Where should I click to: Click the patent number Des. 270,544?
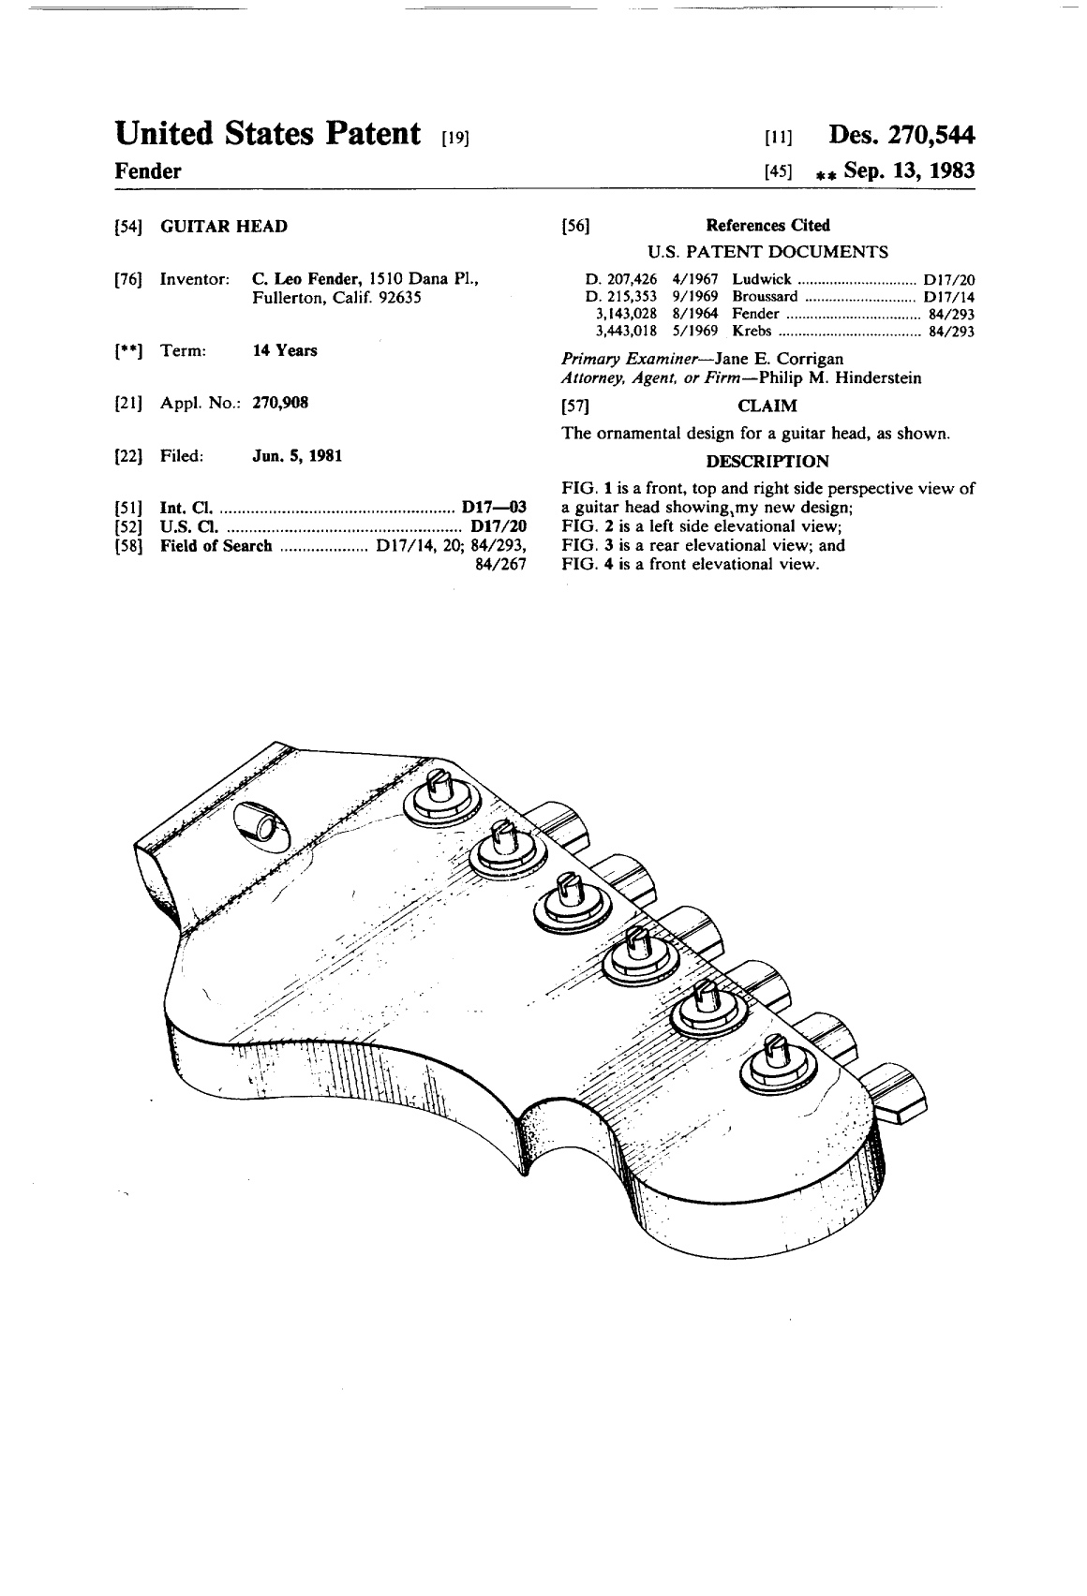[x=901, y=135]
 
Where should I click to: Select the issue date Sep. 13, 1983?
[x=909, y=171]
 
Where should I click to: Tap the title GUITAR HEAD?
[x=224, y=227]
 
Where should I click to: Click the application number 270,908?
[x=281, y=403]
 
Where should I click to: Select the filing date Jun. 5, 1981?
[x=297, y=456]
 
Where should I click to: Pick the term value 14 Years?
[x=285, y=350]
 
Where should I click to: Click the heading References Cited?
[x=767, y=226]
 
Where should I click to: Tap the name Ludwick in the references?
[x=761, y=279]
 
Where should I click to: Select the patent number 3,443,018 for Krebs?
[x=626, y=332]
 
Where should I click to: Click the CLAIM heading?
[x=767, y=406]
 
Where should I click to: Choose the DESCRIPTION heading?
[x=767, y=462]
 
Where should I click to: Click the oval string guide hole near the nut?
[x=261, y=825]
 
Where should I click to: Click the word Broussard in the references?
[x=765, y=296]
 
